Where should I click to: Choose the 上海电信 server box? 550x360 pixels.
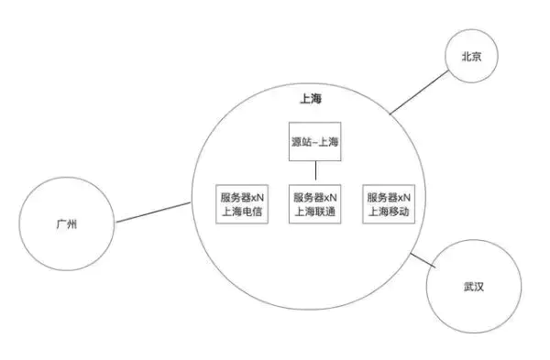pyautogui.click(x=241, y=203)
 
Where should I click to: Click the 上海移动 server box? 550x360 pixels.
pyautogui.click(x=389, y=203)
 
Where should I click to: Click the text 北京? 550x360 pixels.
pyautogui.click(x=479, y=57)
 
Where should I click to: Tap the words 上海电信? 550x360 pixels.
pyautogui.click(x=241, y=212)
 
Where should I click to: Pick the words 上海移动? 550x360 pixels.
pyautogui.click(x=389, y=212)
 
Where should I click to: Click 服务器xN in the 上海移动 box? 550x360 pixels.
pyautogui.click(x=389, y=196)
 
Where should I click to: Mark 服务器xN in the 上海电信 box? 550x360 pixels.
pyautogui.click(x=241, y=196)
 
